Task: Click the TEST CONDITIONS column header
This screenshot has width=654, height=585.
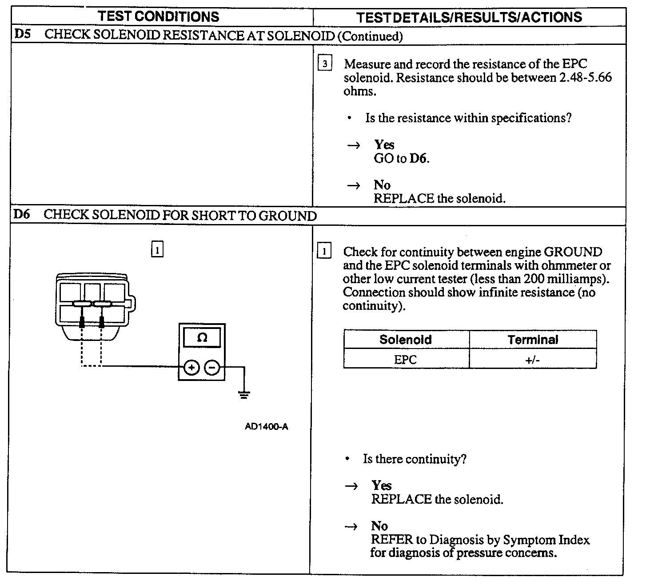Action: click(x=158, y=17)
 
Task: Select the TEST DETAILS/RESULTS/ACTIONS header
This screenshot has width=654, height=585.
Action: click(x=469, y=17)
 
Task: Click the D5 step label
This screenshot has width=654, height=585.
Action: click(x=23, y=35)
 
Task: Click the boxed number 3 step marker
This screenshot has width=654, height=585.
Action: click(x=325, y=64)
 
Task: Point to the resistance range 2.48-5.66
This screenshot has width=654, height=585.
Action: click(x=584, y=78)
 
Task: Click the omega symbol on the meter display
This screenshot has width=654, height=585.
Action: click(x=202, y=338)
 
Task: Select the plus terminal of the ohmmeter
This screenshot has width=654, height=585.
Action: click(x=191, y=367)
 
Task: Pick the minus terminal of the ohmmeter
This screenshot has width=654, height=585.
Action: click(x=212, y=367)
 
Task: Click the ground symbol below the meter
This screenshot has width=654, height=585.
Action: click(x=243, y=394)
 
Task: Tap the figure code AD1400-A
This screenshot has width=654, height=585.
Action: click(x=266, y=427)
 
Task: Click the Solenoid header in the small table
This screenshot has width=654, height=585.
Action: click(x=405, y=340)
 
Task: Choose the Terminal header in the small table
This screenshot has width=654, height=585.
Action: click(x=532, y=340)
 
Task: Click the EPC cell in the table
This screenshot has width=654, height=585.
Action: click(x=405, y=359)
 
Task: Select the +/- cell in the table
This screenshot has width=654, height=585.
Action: click(x=532, y=359)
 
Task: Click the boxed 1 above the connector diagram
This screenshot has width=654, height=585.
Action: click(x=157, y=249)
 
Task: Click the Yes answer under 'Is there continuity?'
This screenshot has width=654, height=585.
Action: click(x=382, y=485)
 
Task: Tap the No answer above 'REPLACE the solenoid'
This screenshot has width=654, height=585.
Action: click(x=382, y=185)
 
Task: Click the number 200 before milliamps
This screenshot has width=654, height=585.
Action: click(x=534, y=279)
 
